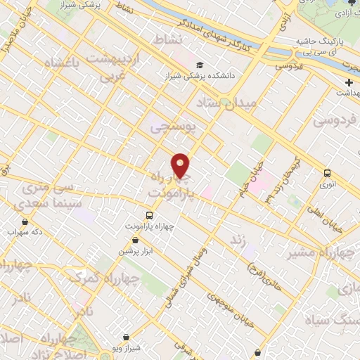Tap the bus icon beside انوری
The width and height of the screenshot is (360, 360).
pyautogui.click(x=327, y=173)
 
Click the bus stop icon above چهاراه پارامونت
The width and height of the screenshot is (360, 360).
pyautogui.click(x=149, y=215)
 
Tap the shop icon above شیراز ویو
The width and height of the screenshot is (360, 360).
pyautogui.click(x=126, y=337)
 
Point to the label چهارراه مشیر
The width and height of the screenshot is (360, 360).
pyautogui.click(x=324, y=252)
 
